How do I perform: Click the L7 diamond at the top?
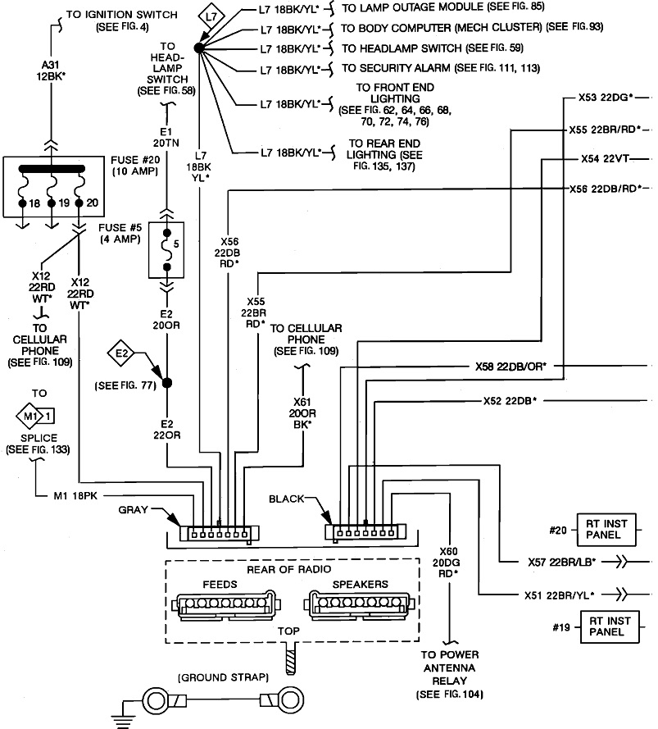211,16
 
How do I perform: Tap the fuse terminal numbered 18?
24,203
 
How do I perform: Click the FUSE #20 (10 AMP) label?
134,166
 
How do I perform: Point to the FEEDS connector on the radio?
223,607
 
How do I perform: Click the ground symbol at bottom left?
124,713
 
